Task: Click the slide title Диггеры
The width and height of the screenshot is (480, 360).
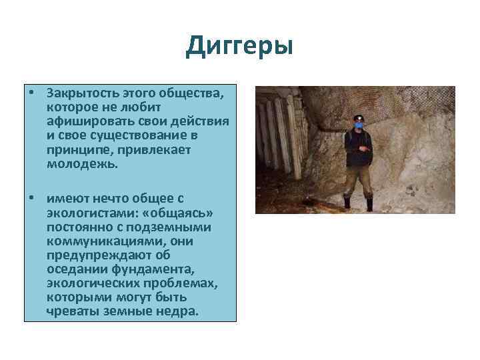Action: coord(239,46)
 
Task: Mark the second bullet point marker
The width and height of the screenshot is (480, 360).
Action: coord(31,199)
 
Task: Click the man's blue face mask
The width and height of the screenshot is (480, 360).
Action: coord(359,125)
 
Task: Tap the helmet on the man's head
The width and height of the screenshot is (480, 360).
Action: coord(359,117)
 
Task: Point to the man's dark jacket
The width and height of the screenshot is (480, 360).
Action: coord(359,147)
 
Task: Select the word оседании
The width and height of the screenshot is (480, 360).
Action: coord(76,269)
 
